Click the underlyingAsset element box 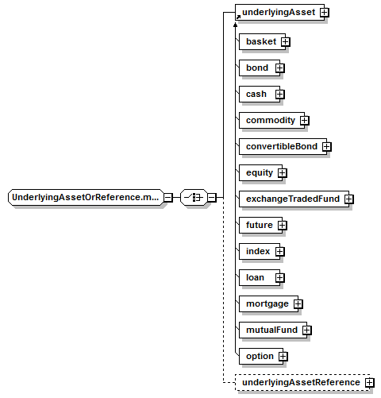pos(279,12)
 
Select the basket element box pos(262,41)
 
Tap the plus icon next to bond pos(280,68)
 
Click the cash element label pos(256,94)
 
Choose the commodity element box pos(271,120)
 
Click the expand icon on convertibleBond pos(327,147)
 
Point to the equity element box pos(260,172)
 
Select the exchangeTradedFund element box pos(294,199)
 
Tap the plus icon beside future pos(283,226)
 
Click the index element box pos(260,251)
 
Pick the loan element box pos(260,277)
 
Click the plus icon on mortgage pos(298,304)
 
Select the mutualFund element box pos(273,330)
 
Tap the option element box pos(261,356)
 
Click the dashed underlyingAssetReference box pos(302,382)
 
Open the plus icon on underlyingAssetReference pos(370,383)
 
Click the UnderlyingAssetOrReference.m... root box pos(87,197)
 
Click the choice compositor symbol pos(194,197)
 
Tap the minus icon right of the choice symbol pos(212,198)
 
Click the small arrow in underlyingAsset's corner pos(238,17)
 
